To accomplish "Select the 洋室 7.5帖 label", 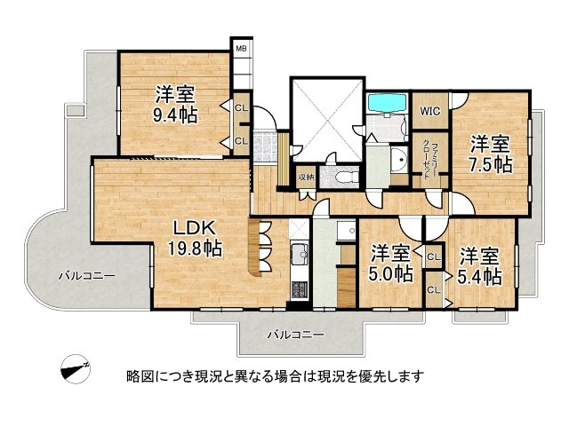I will coord(490,154).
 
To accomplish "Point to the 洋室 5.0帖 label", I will coord(390,264).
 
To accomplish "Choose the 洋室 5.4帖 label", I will coord(479,266).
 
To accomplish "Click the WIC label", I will coord(430,111).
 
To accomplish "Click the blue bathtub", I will coord(387,104).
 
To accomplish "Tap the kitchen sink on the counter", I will coord(300,257).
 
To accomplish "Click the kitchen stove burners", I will coord(299,289).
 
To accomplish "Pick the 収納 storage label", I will coord(306,177).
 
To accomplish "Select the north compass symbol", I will coord(74,371).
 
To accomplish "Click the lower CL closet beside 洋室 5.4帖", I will coord(434,289).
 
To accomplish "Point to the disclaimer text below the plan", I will coord(275,375).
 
